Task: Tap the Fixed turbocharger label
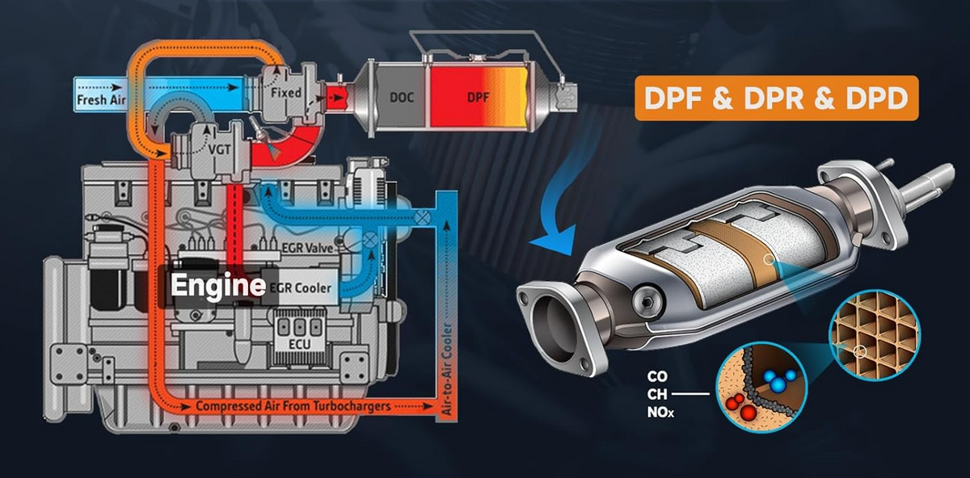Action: point(286,93)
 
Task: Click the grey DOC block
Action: point(399,97)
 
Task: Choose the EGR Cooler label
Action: point(302,287)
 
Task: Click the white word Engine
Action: point(218,285)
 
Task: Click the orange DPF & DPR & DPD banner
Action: point(776,99)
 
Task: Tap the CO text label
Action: point(657,376)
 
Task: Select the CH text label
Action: point(657,395)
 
